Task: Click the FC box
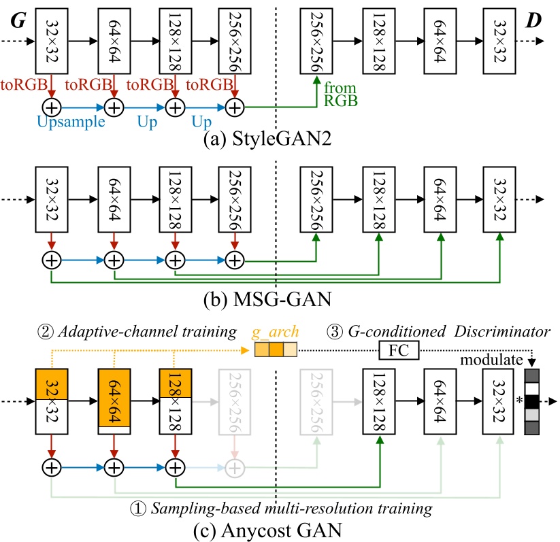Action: pyautogui.click(x=399, y=350)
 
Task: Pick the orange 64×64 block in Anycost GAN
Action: pyautogui.click(x=115, y=399)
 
